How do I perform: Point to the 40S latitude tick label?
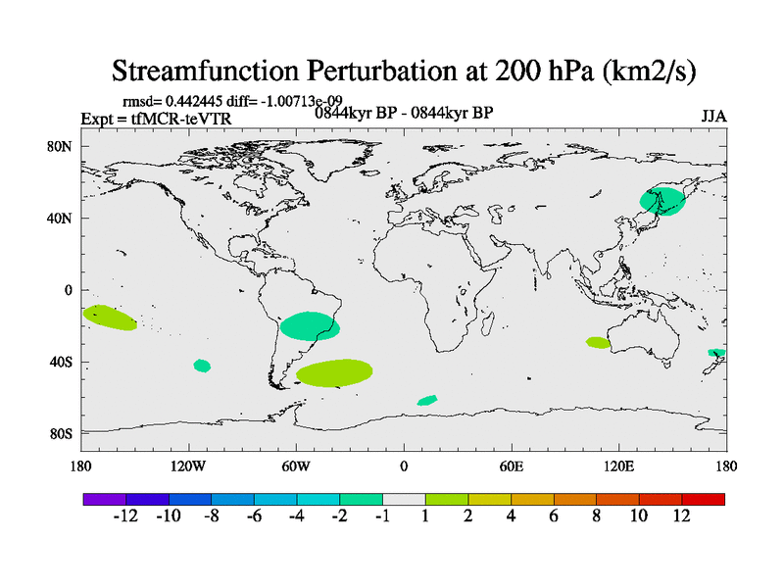pos(61,363)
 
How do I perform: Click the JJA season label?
pos(713,116)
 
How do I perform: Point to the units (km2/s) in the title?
pos(646,71)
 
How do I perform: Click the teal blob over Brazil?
pos(310,326)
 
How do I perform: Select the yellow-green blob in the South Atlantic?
pos(334,372)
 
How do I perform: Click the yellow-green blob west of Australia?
pos(598,342)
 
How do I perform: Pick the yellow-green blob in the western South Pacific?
pos(110,318)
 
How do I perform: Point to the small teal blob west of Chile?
pos(202,366)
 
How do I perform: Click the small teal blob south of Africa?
pos(427,400)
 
